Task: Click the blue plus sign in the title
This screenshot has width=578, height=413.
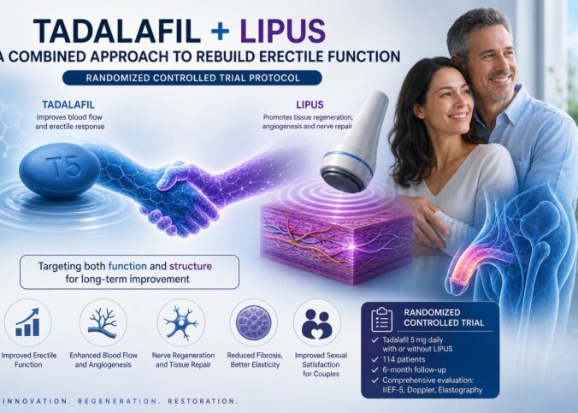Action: (221, 31)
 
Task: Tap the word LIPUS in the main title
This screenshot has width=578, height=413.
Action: (283, 31)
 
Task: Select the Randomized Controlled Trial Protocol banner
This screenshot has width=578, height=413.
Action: (192, 78)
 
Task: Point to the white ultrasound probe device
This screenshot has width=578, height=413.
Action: (353, 142)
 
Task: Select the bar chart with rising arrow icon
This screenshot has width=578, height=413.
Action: (27, 322)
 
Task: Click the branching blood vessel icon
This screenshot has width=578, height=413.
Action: (103, 323)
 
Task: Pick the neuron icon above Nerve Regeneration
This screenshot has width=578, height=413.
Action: (181, 322)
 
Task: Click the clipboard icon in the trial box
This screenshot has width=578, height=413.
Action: (381, 319)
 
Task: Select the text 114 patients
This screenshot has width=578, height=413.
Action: (404, 359)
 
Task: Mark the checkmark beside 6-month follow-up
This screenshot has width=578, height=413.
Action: (375, 370)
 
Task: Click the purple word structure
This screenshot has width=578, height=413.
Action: (190, 266)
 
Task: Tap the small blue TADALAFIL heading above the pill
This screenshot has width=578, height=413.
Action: (68, 104)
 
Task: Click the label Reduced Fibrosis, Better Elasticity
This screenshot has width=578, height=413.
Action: (255, 360)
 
